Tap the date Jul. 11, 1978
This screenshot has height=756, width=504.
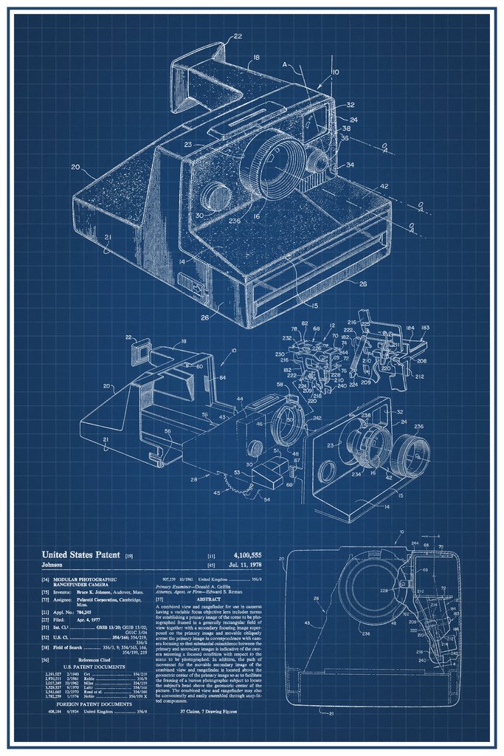pyautogui.click(x=245, y=565)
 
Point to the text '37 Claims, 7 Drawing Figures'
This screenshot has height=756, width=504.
pyautogui.click(x=213, y=711)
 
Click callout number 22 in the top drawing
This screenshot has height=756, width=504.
pyautogui.click(x=238, y=35)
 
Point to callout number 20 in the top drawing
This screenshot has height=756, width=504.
pyautogui.click(x=75, y=167)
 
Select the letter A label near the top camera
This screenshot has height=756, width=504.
pyautogui.click(x=284, y=64)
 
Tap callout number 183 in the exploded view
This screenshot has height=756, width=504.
pyautogui.click(x=426, y=329)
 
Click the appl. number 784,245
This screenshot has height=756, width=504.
pyautogui.click(x=90, y=612)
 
